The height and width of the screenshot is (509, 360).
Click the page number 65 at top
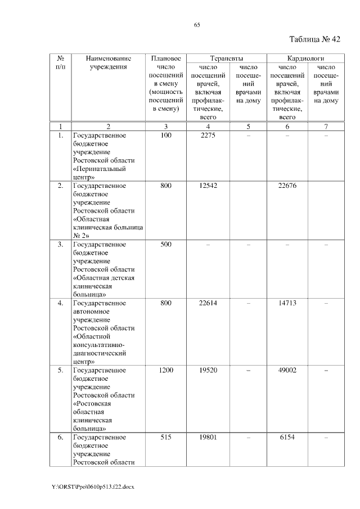(197, 25)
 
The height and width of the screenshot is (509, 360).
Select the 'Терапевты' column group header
(227, 58)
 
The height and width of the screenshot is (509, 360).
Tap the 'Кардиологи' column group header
(305, 58)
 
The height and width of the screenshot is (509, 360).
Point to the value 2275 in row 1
(208, 136)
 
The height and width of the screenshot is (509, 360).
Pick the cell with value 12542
(208, 186)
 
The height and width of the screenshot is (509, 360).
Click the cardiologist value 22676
(287, 186)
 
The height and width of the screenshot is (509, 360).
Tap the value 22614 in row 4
(208, 303)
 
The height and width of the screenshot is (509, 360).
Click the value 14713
(287, 303)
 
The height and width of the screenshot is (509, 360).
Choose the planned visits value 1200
(165, 370)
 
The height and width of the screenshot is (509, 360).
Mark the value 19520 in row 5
(208, 370)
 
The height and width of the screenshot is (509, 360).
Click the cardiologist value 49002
(287, 370)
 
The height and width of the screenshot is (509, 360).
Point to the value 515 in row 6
(165, 437)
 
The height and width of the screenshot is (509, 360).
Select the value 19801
(208, 437)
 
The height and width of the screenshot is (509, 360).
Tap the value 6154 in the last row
(287, 437)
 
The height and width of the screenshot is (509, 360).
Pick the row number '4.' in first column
(60, 303)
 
